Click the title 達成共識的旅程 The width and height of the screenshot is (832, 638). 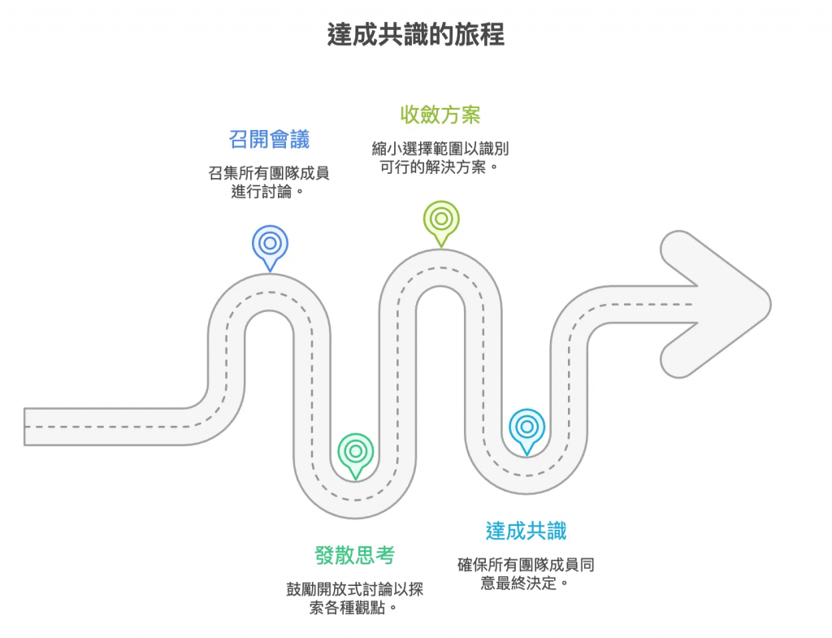coord(415,35)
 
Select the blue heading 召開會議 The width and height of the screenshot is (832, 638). coord(270,139)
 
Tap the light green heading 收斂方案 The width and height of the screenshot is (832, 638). coord(440,114)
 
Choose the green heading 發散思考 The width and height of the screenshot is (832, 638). coord(355,556)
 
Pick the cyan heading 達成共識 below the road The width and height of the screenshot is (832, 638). coord(526,532)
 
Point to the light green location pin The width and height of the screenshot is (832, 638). coord(441,220)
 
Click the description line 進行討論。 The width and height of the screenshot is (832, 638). coord(270,193)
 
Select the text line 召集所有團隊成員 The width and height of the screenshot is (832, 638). coord(270,173)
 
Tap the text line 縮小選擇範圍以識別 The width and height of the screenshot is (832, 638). coord(440,149)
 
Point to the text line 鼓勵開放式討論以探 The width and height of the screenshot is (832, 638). coord(355,588)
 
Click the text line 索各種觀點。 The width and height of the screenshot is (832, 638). coord(355,608)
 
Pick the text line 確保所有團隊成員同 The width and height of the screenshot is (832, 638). coord(526,564)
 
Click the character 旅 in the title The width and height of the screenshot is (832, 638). coord(465,35)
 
